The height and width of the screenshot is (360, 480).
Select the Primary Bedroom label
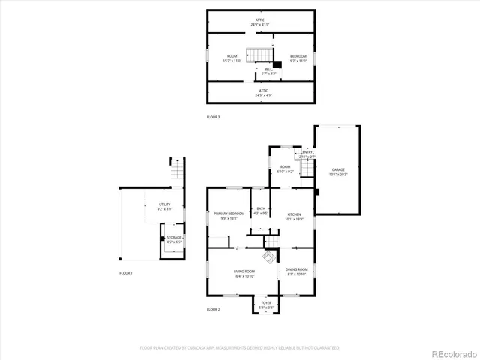228,216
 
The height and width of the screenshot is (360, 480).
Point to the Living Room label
244,273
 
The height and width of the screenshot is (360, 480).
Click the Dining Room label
297,271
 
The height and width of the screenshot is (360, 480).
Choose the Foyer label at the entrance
266,304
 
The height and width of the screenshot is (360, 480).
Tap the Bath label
261,211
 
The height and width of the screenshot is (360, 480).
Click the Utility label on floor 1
164,206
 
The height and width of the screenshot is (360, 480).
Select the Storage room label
174,238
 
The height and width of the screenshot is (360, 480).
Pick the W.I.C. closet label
268,71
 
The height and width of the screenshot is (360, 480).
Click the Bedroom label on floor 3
298,58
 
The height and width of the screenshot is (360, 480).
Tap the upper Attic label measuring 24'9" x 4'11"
259,22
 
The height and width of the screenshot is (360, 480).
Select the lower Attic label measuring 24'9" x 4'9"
259,94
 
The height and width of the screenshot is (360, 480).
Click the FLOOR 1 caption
126,272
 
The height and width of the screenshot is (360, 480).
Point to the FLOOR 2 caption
214,309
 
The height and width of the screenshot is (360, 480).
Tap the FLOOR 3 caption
214,117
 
